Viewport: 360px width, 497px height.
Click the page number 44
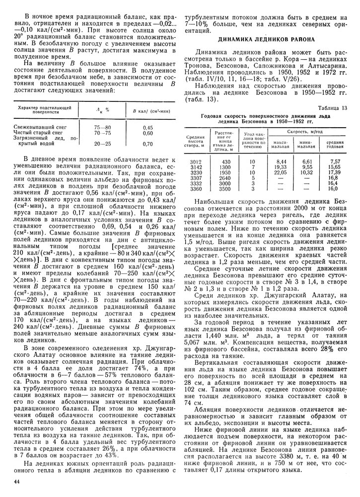(17, 481)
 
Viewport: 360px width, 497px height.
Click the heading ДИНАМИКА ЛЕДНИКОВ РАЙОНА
(266, 39)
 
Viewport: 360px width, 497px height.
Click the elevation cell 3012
(196, 162)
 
